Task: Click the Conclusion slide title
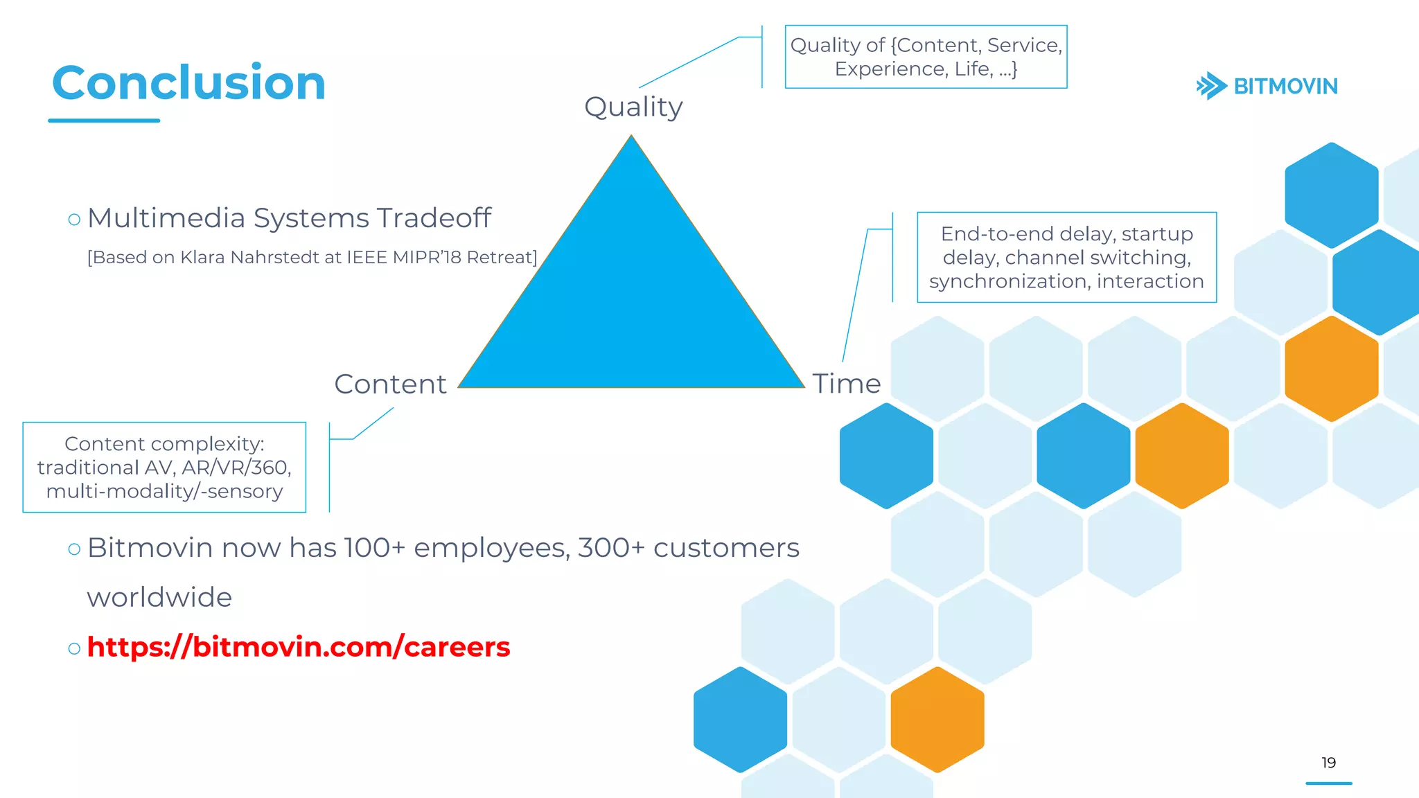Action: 188,83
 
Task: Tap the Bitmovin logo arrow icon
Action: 1211,86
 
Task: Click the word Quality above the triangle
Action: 633,107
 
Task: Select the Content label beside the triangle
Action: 390,384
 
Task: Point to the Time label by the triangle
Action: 846,384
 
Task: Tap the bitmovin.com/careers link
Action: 299,647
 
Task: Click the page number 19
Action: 1328,763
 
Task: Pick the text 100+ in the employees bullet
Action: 374,548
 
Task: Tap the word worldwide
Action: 159,598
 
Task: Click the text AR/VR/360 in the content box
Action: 236,468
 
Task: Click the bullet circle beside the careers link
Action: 74,649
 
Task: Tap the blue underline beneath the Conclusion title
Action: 104,121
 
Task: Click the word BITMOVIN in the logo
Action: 1285,87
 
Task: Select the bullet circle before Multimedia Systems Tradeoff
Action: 74,220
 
